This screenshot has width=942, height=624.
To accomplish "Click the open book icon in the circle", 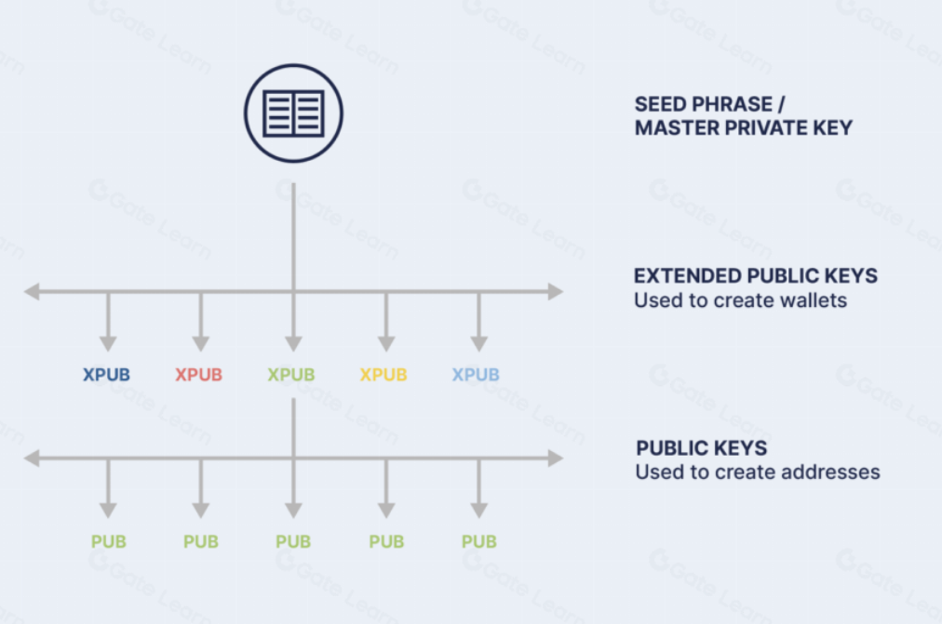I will click(x=293, y=113).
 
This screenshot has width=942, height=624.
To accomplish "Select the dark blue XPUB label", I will click(x=106, y=375).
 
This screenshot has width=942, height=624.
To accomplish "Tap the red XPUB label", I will click(x=199, y=375).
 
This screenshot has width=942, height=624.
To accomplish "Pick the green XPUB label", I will click(x=291, y=375).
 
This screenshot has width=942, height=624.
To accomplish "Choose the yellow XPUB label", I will click(x=384, y=375).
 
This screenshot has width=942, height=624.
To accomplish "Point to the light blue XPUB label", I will click(x=476, y=375).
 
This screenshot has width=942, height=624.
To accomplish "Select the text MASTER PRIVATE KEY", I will click(x=743, y=128).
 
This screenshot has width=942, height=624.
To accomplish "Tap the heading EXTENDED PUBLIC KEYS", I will click(x=756, y=276).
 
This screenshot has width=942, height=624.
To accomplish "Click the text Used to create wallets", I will click(x=740, y=300).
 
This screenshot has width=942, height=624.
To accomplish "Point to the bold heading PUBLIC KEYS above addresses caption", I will click(x=702, y=448).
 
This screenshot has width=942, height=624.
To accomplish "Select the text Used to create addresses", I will click(x=757, y=472).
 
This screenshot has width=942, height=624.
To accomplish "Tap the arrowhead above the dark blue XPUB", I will click(x=108, y=343).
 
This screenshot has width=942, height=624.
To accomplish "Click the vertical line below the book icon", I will click(x=293, y=232).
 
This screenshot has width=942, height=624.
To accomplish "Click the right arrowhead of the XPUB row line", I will click(x=555, y=292).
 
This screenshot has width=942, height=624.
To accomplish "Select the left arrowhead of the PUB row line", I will click(x=33, y=458).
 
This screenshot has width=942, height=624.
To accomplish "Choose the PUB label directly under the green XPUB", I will click(x=293, y=541).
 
